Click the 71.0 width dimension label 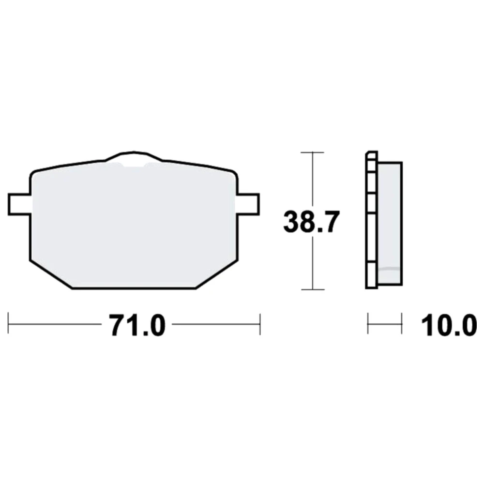[x=137, y=325]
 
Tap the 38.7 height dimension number [x=311, y=222]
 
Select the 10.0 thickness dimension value [x=449, y=325]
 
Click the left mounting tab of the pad [x=19, y=204]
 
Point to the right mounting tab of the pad [x=248, y=204]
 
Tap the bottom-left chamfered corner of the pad [x=51, y=275]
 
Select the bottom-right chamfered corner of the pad [x=217, y=275]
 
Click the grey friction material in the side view [x=390, y=223]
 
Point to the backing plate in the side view [x=371, y=220]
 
